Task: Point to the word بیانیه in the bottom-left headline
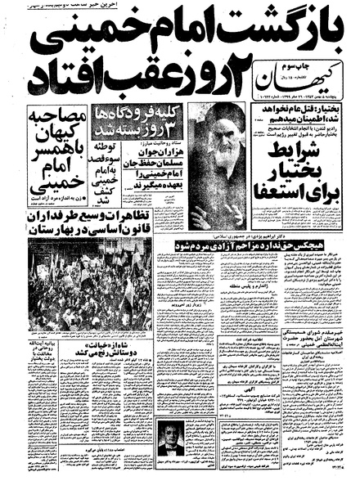click(x=44, y=344)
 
